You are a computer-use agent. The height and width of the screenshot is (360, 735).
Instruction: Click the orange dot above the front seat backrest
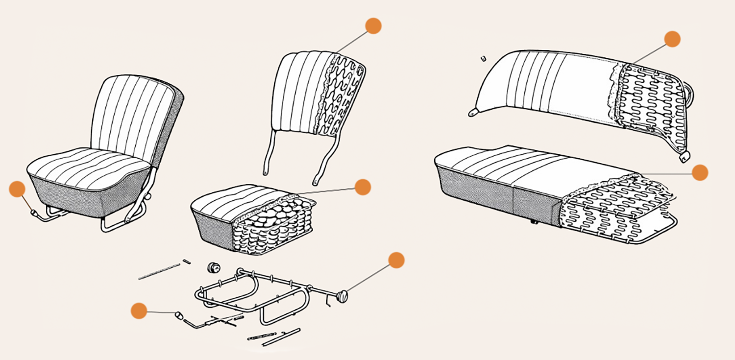pyautogui.click(x=373, y=26)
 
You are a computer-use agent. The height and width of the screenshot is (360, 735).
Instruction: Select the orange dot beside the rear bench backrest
pyautogui.click(x=672, y=39)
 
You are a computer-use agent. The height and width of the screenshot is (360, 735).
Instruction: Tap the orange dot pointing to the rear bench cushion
pyautogui.click(x=700, y=172)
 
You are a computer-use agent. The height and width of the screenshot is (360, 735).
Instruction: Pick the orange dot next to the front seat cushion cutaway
pyautogui.click(x=363, y=187)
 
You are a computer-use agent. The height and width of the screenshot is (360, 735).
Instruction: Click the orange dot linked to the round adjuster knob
pyautogui.click(x=396, y=260)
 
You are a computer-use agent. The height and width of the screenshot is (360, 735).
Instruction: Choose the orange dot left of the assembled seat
pyautogui.click(x=17, y=189)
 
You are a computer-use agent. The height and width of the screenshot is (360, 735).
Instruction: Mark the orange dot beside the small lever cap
pyautogui.click(x=139, y=311)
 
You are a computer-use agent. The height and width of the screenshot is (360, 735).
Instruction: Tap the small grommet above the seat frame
pyautogui.click(x=213, y=267)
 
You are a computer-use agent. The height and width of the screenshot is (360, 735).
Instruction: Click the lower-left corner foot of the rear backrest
pyautogui.click(x=473, y=113)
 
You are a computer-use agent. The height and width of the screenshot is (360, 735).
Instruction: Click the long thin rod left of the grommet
pyautogui.click(x=159, y=271)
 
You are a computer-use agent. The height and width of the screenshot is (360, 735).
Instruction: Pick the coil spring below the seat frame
pyautogui.click(x=262, y=337)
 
